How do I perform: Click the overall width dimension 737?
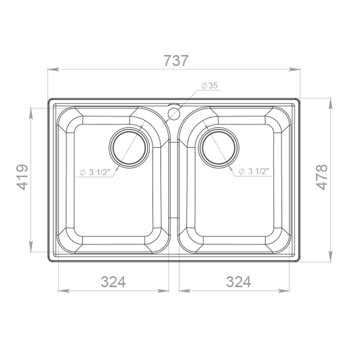pyautogui.click(x=176, y=60)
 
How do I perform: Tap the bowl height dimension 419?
pyautogui.click(x=23, y=177)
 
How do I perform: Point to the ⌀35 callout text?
pyautogui.click(x=209, y=85)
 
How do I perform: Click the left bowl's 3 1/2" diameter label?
pyautogui.click(x=95, y=172)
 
